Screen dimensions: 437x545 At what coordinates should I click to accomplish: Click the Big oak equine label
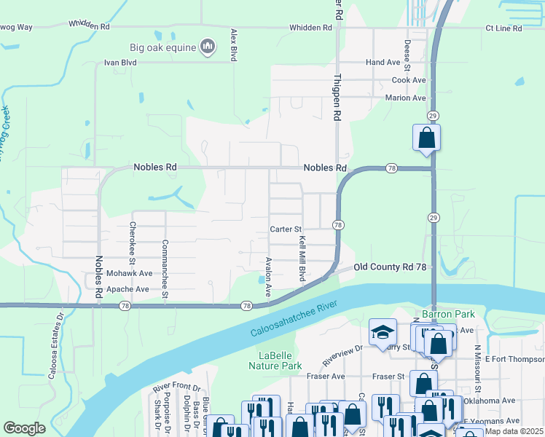163,48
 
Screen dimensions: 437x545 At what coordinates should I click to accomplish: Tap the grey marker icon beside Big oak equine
208,47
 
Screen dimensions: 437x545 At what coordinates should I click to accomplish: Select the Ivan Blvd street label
121,63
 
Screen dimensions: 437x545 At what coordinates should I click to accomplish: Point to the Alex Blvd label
234,45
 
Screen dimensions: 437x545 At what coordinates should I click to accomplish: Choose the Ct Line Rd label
503,28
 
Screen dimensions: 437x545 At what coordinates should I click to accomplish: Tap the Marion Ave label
405,98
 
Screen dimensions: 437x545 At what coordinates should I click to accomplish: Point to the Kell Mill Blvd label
301,259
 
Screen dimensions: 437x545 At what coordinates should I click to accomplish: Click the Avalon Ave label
268,276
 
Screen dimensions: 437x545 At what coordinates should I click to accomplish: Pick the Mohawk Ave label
129,273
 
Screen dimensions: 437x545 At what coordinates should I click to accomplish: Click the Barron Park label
447,315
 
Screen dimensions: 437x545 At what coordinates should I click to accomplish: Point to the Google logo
25,428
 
